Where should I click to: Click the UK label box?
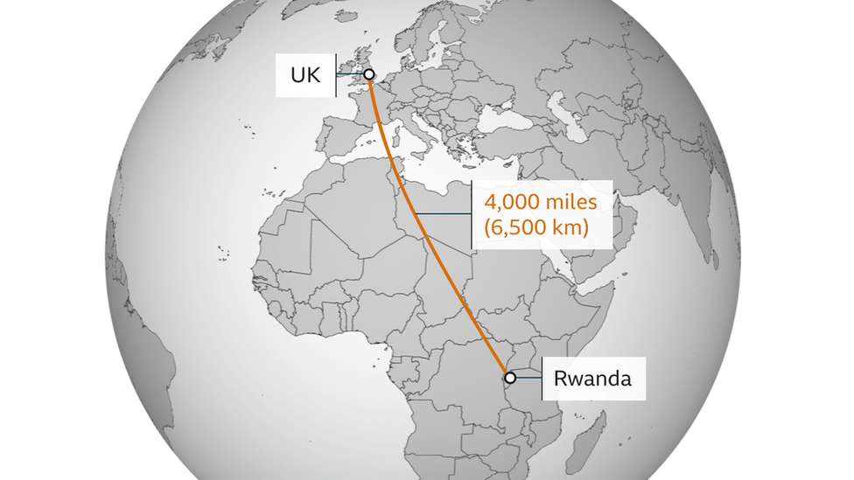[305, 75]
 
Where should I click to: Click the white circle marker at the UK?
[368, 75]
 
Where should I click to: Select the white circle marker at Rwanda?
[510, 378]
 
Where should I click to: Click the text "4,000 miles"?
[540, 203]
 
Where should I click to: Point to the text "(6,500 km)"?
[535, 228]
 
